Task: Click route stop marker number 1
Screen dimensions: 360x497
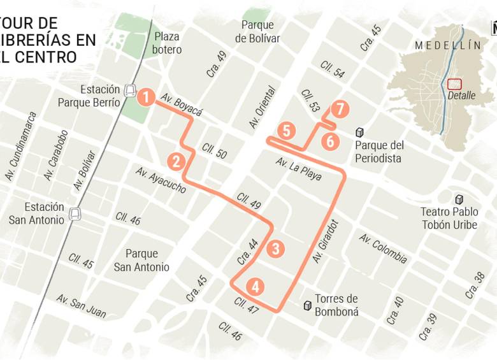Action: [x=146, y=97]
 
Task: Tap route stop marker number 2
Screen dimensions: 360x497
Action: [x=176, y=161]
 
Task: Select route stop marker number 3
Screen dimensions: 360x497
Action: [x=275, y=248]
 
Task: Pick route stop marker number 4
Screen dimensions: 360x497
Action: [x=256, y=287]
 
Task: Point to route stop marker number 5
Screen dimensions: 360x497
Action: [x=286, y=131]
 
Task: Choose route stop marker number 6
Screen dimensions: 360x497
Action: [x=329, y=141]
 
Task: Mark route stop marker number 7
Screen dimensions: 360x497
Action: [x=340, y=110]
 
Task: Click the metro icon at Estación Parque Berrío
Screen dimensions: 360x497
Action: [x=130, y=90]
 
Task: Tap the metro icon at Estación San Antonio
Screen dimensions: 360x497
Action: [x=75, y=213]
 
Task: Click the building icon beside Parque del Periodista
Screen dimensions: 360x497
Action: [x=360, y=133]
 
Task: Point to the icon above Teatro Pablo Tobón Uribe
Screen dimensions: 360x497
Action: [x=457, y=199]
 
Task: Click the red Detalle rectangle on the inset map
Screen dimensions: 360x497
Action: [x=454, y=84]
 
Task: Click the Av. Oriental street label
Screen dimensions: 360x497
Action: [x=263, y=108]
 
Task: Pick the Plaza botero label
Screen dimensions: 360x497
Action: [x=167, y=43]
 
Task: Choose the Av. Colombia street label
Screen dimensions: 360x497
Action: [x=382, y=249]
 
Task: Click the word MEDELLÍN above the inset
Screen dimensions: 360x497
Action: [x=447, y=45]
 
